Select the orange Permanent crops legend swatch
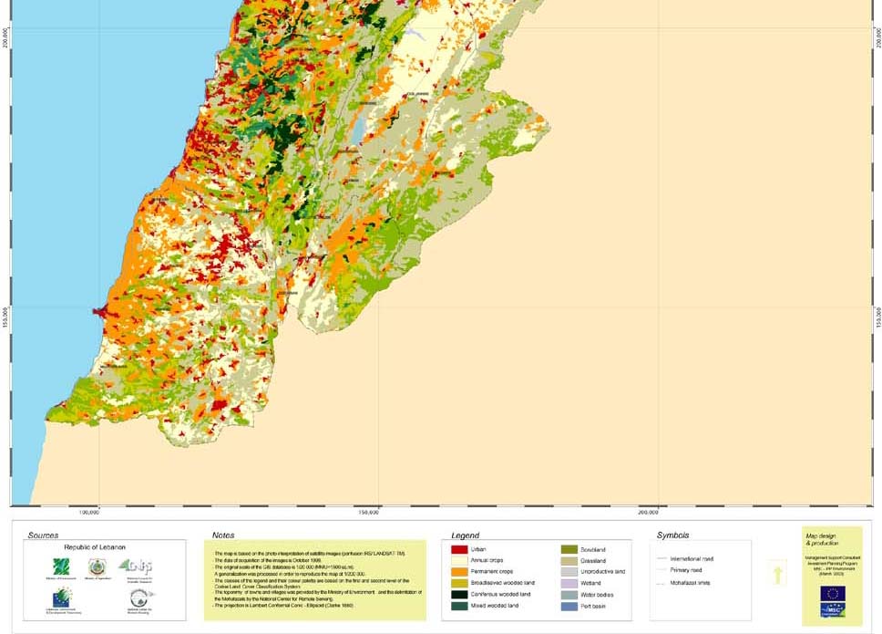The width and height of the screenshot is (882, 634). click(459, 571)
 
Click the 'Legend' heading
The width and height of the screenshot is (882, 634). click(465, 535)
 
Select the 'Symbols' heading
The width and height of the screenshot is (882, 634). click(672, 535)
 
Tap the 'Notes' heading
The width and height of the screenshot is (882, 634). click(223, 535)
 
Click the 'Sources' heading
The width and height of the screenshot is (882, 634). click(43, 535)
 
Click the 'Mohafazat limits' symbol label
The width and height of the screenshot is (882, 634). click(689, 581)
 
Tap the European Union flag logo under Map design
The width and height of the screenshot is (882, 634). click(832, 594)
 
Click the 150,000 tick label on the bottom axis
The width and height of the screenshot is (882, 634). click(370, 512)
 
